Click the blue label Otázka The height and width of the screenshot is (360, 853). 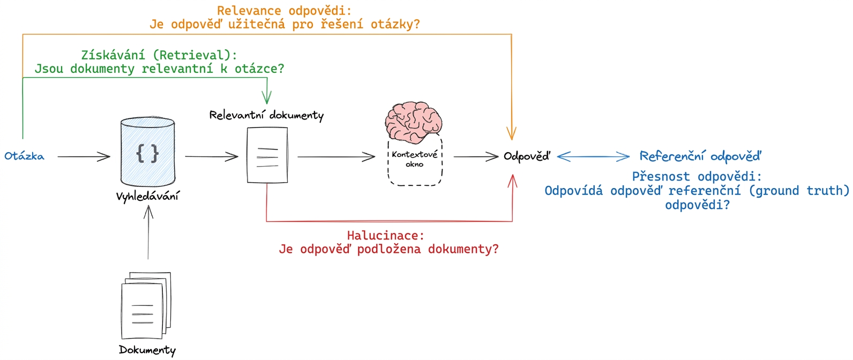click(24, 156)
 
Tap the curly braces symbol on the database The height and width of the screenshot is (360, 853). click(147, 154)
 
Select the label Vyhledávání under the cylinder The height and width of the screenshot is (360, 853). click(147, 197)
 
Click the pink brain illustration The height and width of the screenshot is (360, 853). click(414, 122)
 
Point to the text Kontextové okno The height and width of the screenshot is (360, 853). click(415, 159)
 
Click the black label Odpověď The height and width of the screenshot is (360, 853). click(527, 156)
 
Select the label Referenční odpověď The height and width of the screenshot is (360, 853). click(700, 156)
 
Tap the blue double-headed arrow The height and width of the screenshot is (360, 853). click(593, 156)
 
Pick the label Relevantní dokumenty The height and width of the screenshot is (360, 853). click(267, 115)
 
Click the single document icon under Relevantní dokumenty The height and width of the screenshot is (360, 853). click(267, 155)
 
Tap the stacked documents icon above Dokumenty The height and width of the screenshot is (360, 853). click(146, 305)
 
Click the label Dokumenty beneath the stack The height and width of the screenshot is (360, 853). click(147, 350)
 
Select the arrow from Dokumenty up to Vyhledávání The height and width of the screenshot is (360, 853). click(148, 232)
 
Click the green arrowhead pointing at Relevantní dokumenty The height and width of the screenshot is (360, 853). click(267, 97)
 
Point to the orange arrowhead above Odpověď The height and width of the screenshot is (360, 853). click(511, 133)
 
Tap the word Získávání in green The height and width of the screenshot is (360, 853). click(113, 55)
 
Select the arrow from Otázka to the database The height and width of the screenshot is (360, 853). click(84, 156)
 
